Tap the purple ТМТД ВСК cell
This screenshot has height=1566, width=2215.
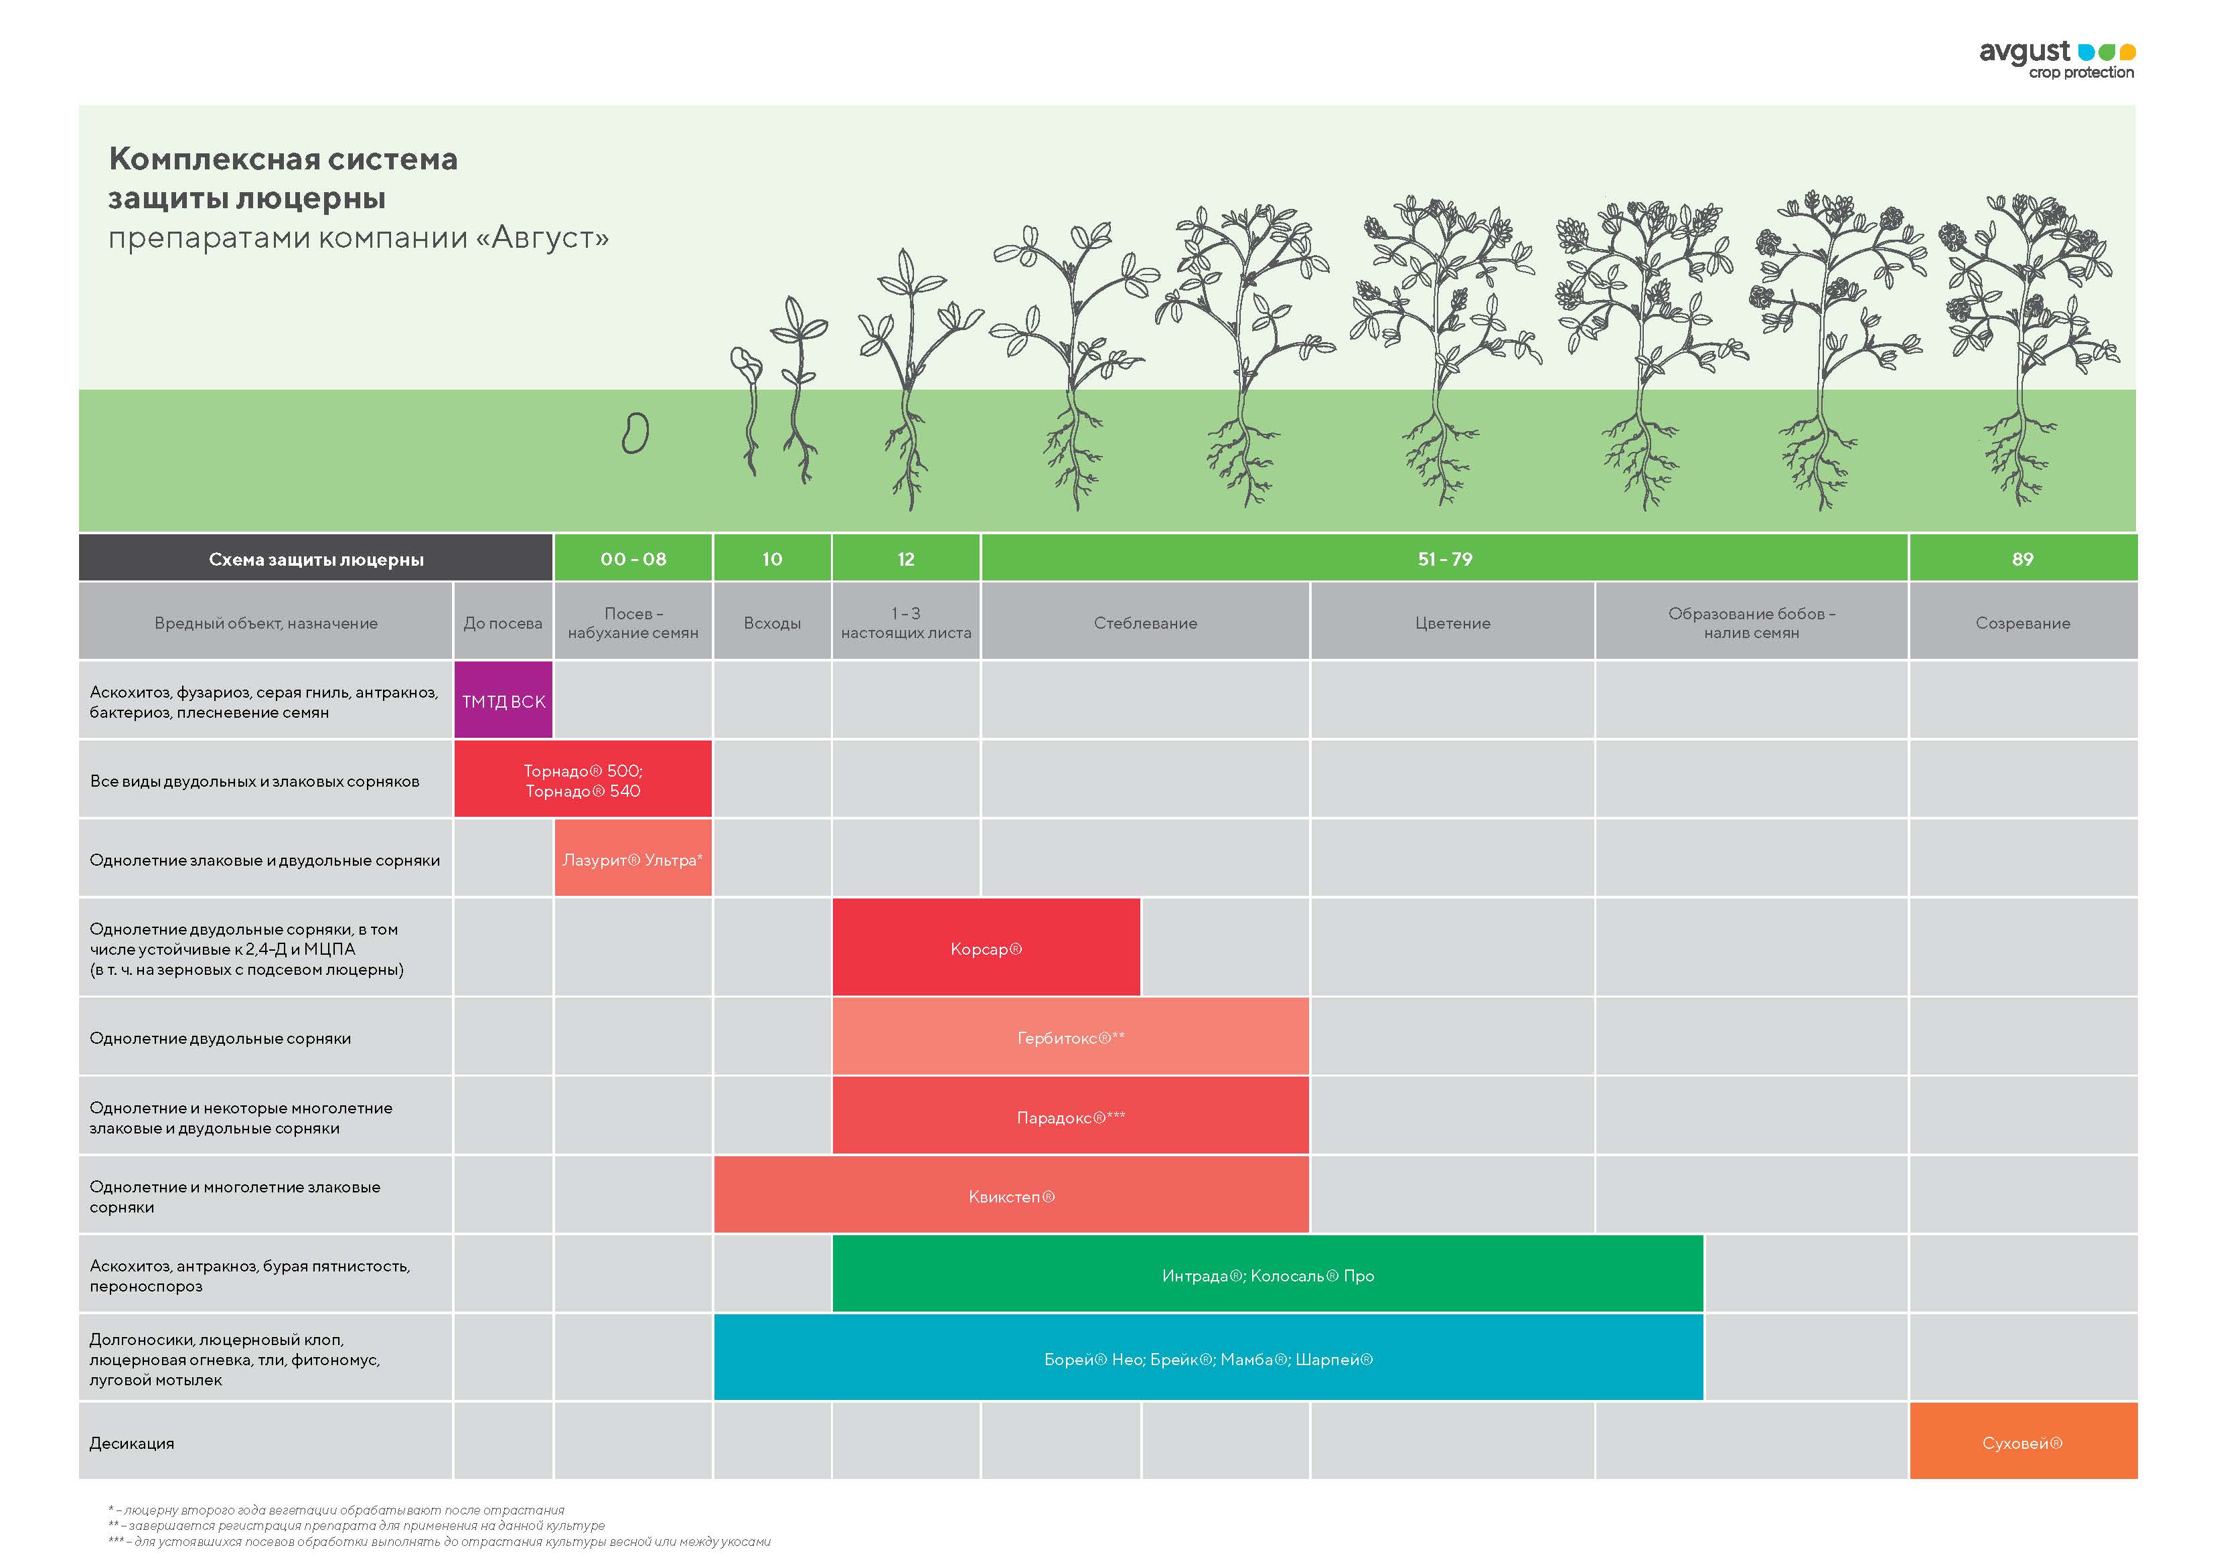pyautogui.click(x=503, y=702)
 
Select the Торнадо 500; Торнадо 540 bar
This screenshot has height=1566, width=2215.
pyautogui.click(x=583, y=779)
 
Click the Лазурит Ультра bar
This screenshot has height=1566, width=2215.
pyautogui.click(x=633, y=859)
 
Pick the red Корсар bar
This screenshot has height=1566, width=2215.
pyautogui.click(x=985, y=949)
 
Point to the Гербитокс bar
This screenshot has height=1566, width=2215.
pyautogui.click(x=1070, y=1037)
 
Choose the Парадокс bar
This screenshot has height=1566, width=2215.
pyautogui.click(x=1070, y=1116)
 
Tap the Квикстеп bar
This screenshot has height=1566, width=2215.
pyautogui.click(x=1011, y=1196)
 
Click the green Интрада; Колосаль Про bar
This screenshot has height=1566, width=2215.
pyautogui.click(x=1267, y=1275)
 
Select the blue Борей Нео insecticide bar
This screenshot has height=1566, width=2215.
pyautogui.click(x=1208, y=1358)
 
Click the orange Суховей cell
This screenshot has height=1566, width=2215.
pyautogui.click(x=2022, y=1443)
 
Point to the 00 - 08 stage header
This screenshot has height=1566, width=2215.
pyautogui.click(x=633, y=558)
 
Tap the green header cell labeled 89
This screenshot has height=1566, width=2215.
pyautogui.click(x=2022, y=558)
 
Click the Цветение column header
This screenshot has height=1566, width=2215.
pyautogui.click(x=1452, y=623)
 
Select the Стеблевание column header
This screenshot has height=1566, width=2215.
pyautogui.click(x=1145, y=623)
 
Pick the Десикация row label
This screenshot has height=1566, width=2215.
pyautogui.click(x=132, y=1443)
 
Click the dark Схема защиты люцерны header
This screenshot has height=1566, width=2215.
pyautogui.click(x=315, y=558)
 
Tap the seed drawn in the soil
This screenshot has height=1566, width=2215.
pyautogui.click(x=635, y=433)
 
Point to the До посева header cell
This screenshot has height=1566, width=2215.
pyautogui.click(x=503, y=623)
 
